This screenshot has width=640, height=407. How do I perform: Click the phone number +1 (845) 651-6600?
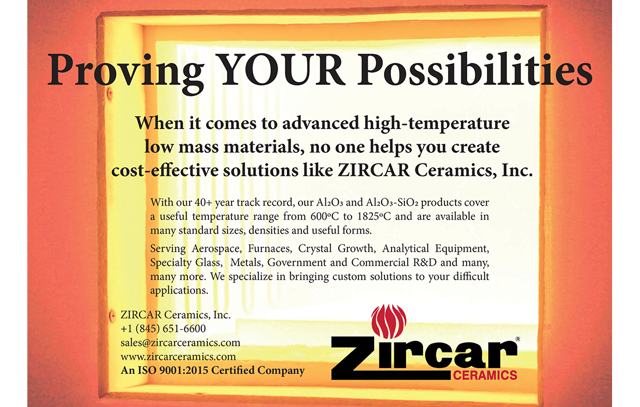pyautogui.click(x=163, y=329)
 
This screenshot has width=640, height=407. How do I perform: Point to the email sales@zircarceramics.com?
pyautogui.click(x=180, y=342)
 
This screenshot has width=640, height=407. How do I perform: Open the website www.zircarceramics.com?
pyautogui.click(x=178, y=356)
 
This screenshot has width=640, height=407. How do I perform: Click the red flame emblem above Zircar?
pyautogui.click(x=389, y=321)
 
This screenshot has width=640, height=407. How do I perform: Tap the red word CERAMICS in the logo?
pyautogui.click(x=485, y=375)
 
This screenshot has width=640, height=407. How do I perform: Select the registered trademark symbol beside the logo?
pyautogui.click(x=518, y=339)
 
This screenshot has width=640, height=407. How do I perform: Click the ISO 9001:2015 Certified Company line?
pyautogui.click(x=212, y=370)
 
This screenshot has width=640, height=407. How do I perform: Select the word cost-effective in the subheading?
pyautogui.click(x=165, y=170)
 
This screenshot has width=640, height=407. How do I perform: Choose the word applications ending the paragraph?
pyautogui.click(x=179, y=291)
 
